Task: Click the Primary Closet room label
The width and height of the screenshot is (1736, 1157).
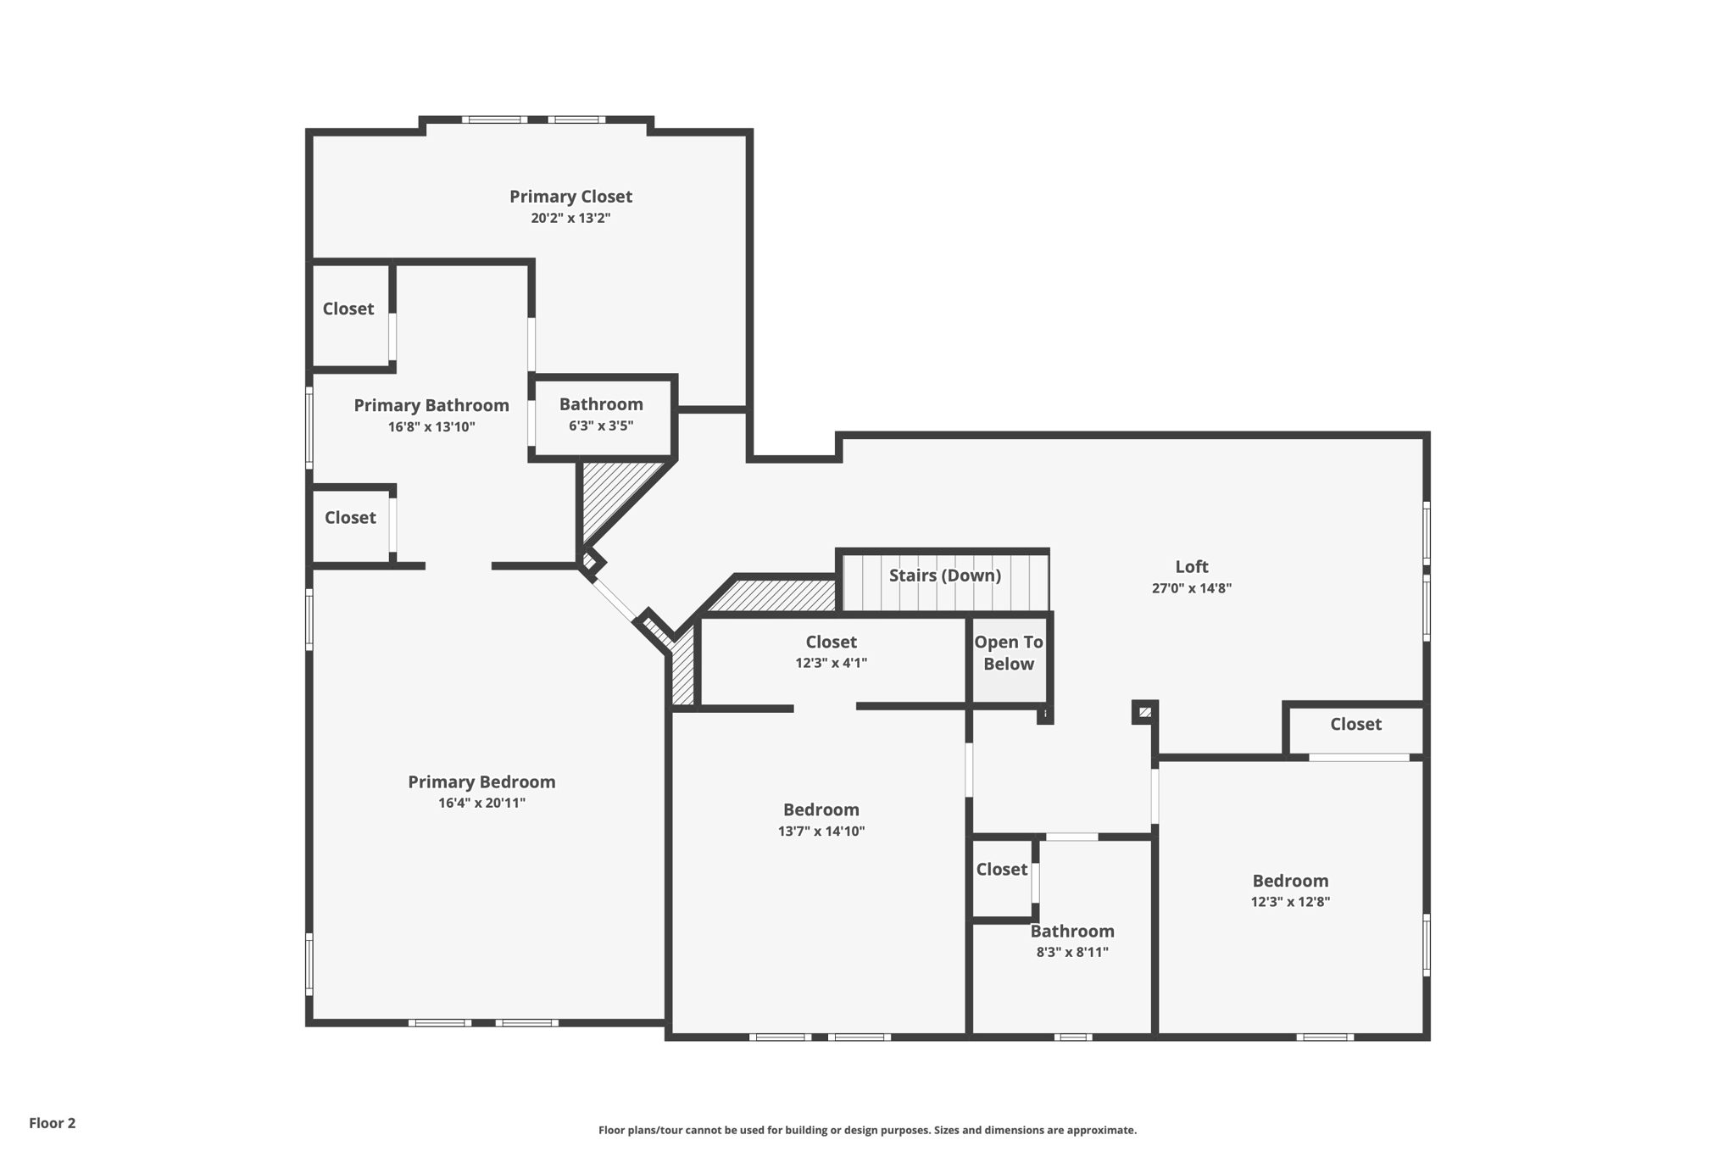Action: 570,197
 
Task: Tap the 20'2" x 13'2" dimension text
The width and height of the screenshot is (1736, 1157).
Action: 570,218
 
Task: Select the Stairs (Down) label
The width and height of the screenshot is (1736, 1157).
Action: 944,576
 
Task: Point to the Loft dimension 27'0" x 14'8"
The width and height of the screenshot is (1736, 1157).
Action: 1191,588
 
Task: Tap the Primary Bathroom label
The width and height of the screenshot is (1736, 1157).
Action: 431,406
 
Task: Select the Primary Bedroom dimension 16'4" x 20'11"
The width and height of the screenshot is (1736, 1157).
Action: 481,803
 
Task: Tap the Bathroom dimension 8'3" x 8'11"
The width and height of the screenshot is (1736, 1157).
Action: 1072,952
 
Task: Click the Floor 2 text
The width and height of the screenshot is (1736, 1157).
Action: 53,1123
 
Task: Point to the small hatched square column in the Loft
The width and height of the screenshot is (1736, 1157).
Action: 1145,712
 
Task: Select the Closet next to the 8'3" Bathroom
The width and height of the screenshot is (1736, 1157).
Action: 1001,870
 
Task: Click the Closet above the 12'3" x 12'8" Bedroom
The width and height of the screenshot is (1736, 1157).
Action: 1355,725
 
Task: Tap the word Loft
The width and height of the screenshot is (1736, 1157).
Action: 1191,567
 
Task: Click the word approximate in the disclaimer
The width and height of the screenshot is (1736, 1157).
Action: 1101,1130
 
